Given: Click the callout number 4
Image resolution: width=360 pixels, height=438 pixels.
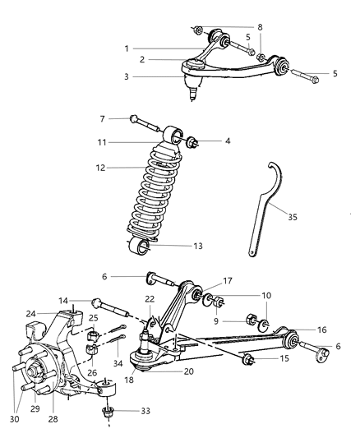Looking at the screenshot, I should tap(227, 141).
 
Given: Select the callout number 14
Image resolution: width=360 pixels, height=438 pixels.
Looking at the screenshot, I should tap(63, 301).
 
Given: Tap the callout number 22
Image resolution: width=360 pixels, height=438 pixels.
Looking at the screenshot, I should tap(150, 298).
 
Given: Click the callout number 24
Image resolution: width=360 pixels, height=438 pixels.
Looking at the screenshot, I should tap(53, 313).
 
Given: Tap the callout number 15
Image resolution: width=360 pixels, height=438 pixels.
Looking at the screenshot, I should tap(284, 359).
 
